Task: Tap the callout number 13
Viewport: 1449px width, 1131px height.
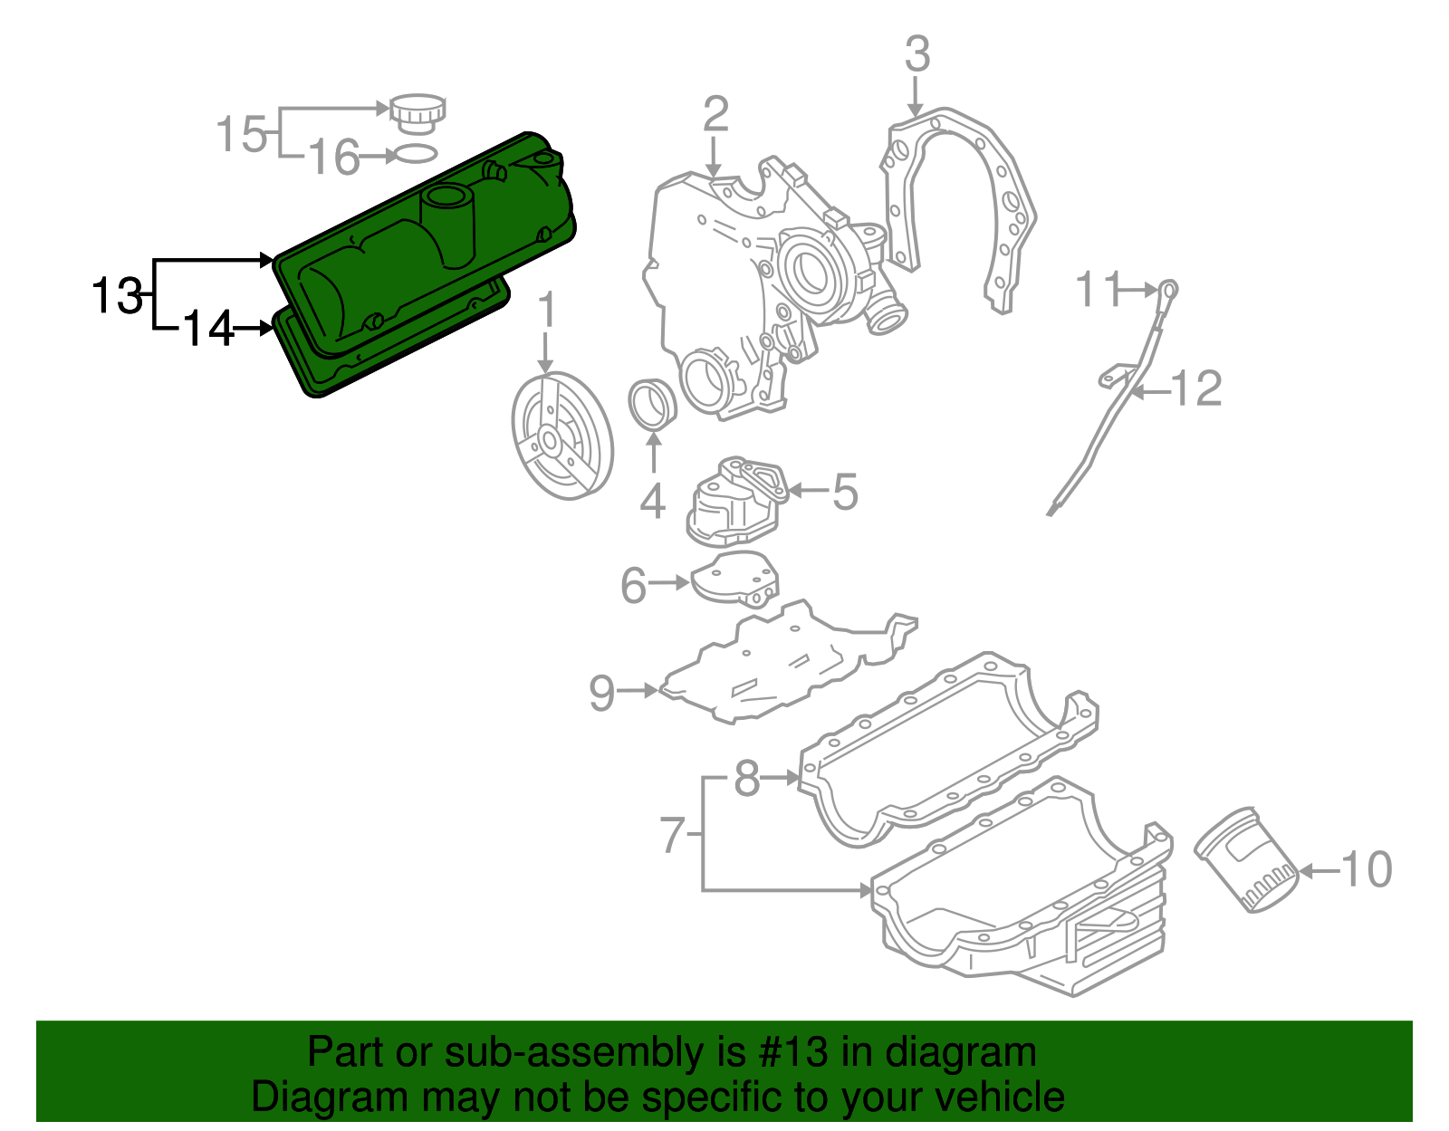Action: [x=117, y=295]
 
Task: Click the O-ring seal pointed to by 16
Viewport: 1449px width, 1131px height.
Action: [x=417, y=154]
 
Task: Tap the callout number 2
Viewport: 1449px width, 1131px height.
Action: [x=715, y=116]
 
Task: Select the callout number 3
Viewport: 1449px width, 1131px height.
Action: [x=916, y=54]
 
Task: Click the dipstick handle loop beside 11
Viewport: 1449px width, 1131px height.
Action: [x=1169, y=291]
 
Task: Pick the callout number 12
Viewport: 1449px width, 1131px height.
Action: [x=1197, y=389]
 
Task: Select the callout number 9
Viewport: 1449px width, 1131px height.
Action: [x=602, y=693]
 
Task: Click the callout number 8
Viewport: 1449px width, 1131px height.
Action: [x=746, y=777]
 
